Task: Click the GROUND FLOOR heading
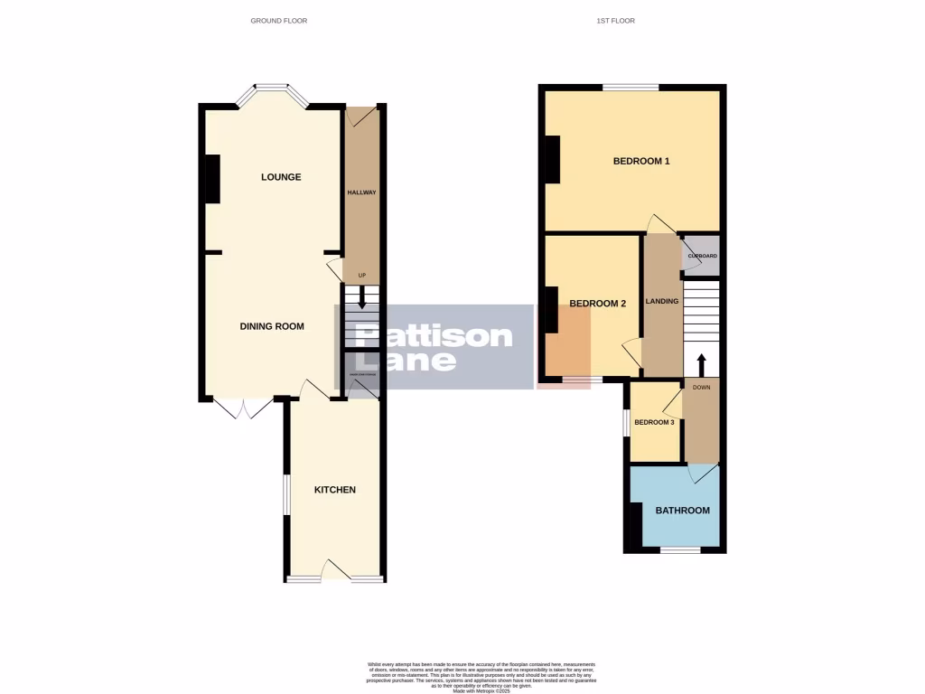(278, 20)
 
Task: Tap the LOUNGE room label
(281, 177)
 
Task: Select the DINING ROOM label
(272, 326)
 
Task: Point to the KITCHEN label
(334, 490)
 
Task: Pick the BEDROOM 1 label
(641, 162)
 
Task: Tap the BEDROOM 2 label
(597, 304)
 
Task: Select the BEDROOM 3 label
(654, 422)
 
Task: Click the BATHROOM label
(682, 511)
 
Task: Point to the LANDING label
(662, 301)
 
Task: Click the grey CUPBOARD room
(702, 256)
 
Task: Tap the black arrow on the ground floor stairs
(361, 297)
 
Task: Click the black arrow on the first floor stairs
(701, 364)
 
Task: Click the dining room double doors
(243, 408)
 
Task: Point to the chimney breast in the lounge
(212, 179)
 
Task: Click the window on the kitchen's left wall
(285, 494)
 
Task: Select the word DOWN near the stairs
(702, 387)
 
